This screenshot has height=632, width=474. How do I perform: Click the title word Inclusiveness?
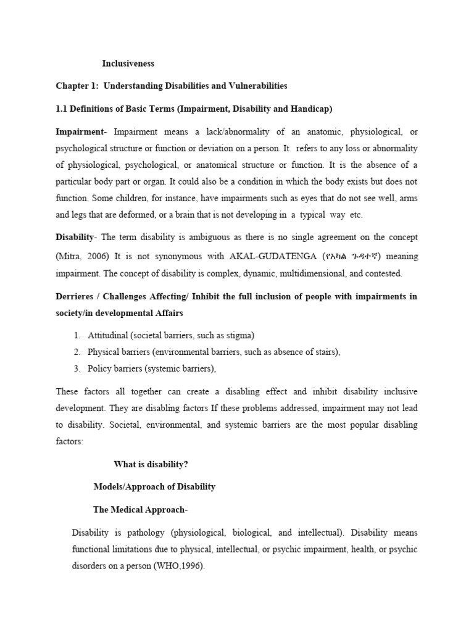tap(128, 63)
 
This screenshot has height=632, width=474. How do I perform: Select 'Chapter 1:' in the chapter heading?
tap(77, 86)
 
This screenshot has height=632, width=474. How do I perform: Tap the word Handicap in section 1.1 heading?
tap(311, 109)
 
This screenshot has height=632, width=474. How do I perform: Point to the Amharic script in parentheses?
tap(349, 256)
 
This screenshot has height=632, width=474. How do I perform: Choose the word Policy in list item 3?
tap(99, 368)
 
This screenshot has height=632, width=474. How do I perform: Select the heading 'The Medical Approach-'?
tap(140, 509)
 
